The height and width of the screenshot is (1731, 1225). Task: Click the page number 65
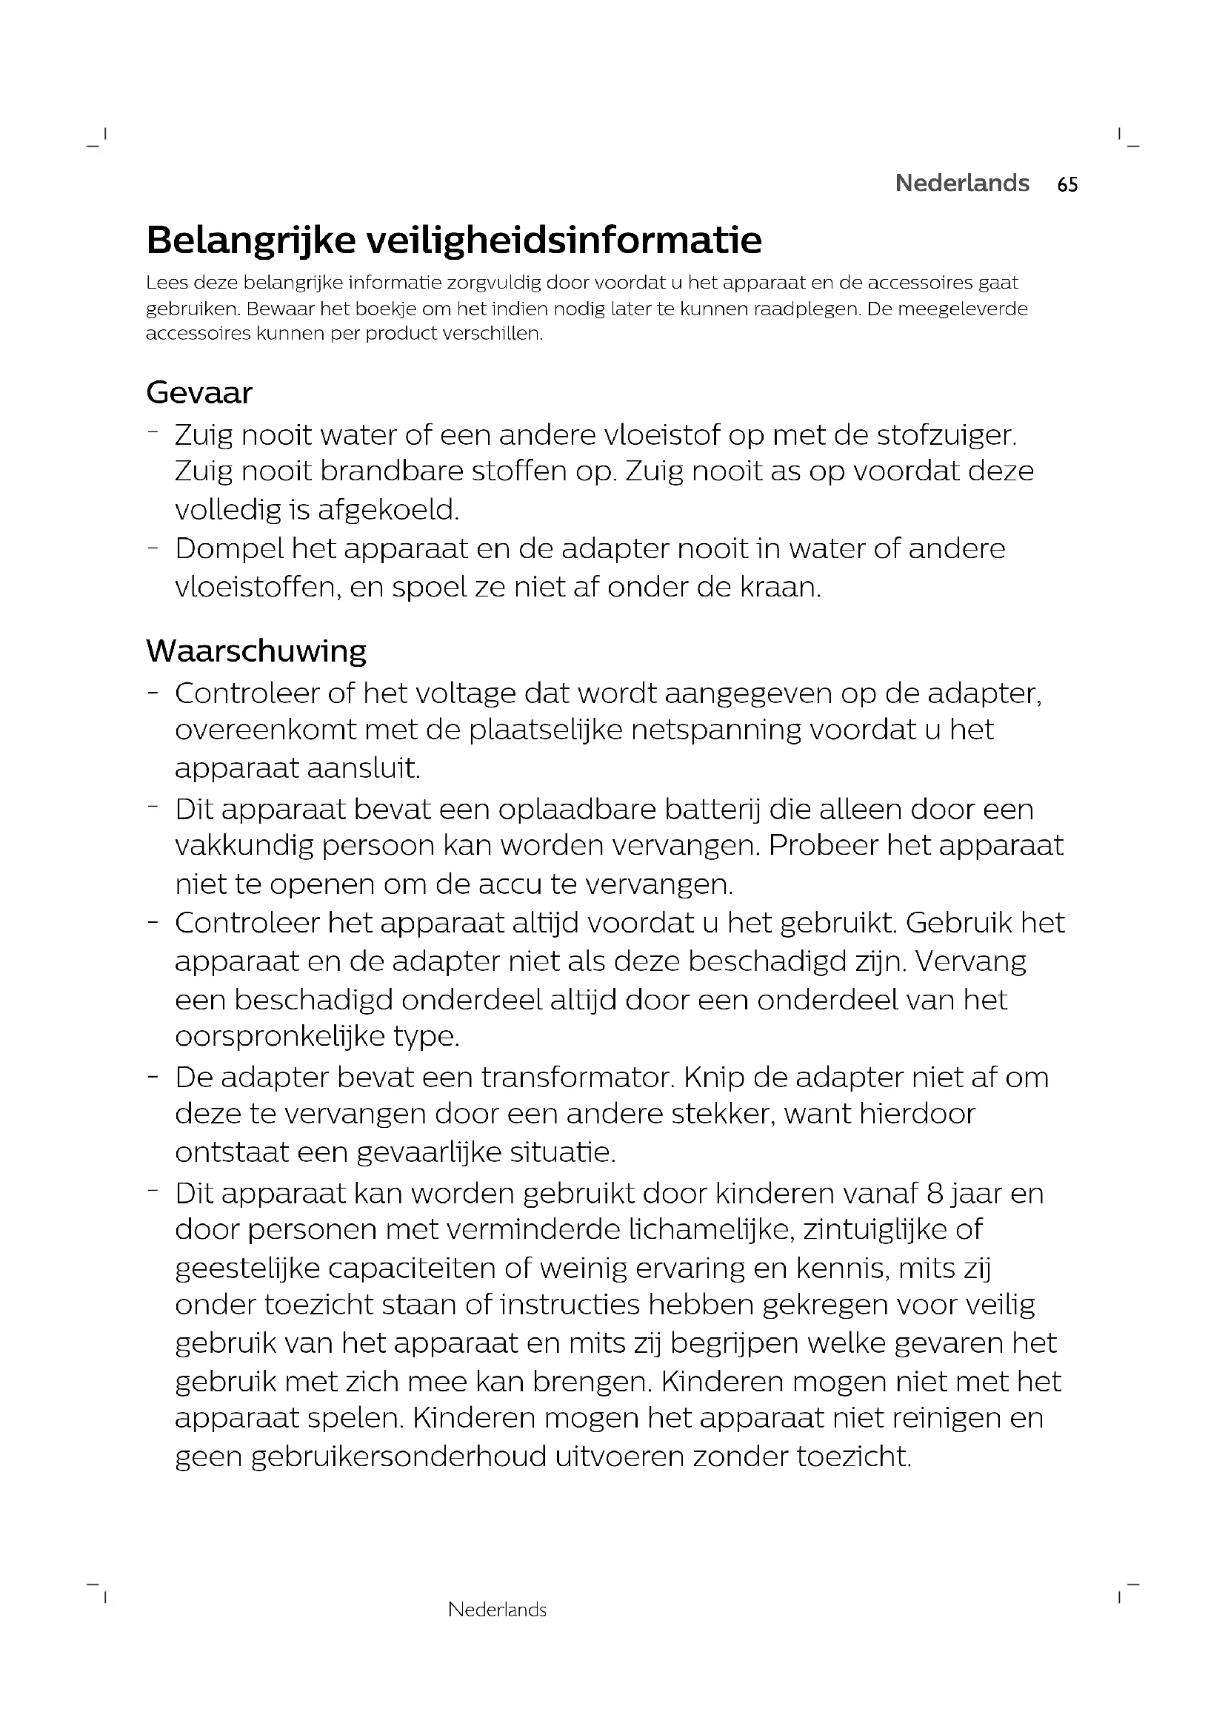[x=1067, y=185]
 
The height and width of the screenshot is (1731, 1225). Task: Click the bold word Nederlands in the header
[x=962, y=184]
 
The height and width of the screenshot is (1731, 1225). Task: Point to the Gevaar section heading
[x=199, y=393]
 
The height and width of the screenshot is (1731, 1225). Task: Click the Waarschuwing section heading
[x=256, y=651]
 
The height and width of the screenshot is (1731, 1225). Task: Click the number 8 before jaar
[x=935, y=1194]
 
